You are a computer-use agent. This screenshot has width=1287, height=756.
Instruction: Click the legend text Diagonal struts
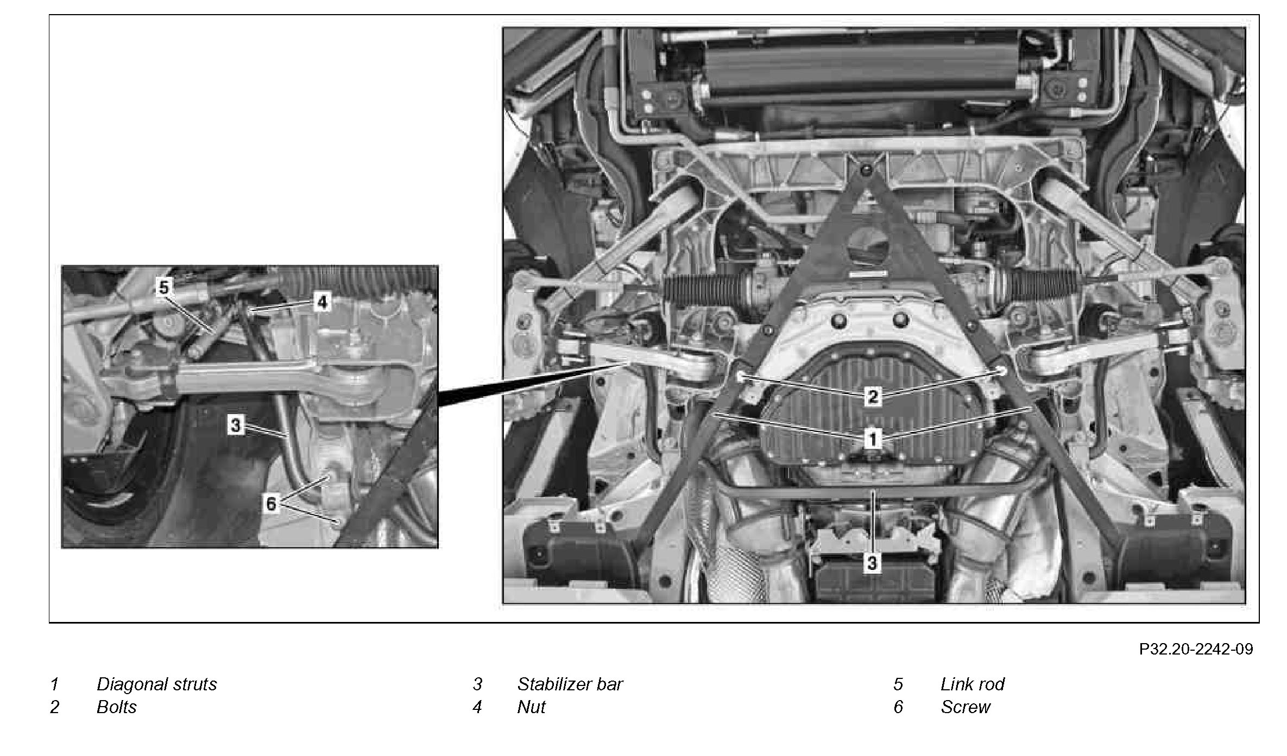[156, 684]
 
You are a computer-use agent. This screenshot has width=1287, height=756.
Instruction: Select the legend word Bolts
[117, 707]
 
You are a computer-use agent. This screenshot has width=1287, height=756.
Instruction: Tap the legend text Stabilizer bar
[570, 684]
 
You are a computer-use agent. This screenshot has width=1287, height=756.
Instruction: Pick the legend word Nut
[531, 707]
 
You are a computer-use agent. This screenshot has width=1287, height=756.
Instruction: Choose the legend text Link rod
[972, 684]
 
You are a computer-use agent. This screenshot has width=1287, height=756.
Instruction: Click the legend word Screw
[966, 707]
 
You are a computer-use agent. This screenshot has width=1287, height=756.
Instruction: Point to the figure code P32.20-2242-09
[1196, 649]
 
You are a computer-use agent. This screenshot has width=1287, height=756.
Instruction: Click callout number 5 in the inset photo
[163, 287]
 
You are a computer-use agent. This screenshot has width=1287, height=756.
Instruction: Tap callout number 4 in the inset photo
[322, 302]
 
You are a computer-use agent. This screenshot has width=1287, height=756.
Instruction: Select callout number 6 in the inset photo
[271, 504]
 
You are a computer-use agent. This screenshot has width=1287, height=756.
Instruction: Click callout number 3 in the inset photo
[235, 424]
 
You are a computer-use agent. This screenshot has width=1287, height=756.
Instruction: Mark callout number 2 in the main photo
[873, 396]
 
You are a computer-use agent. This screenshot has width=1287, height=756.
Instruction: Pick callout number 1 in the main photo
[873, 439]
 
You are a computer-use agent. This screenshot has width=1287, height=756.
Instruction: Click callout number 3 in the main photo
[872, 563]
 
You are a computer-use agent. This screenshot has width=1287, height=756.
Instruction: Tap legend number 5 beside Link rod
[898, 684]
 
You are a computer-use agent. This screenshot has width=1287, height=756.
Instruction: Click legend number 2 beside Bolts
[54, 707]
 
